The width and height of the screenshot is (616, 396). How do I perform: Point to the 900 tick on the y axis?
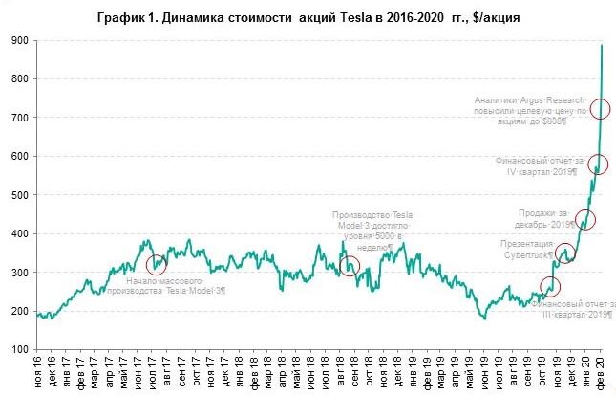18,40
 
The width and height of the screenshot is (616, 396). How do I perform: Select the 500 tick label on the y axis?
18,195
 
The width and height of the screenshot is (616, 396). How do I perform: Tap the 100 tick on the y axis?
18,350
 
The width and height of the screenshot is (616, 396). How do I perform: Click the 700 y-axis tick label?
18,118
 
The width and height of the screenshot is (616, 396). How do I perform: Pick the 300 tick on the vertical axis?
18,273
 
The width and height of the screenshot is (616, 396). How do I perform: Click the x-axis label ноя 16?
39,373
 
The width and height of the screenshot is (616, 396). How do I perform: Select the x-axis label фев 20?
601,373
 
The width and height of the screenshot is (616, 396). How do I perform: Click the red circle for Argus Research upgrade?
601,109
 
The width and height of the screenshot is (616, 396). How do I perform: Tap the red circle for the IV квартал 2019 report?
598,164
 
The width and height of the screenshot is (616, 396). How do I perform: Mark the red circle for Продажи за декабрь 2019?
585,220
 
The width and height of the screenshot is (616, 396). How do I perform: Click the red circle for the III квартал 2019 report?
550,285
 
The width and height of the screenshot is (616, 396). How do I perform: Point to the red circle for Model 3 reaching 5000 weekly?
350,267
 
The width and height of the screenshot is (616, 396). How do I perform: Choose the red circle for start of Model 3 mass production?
157,264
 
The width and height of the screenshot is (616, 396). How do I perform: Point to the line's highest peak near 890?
603,45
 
